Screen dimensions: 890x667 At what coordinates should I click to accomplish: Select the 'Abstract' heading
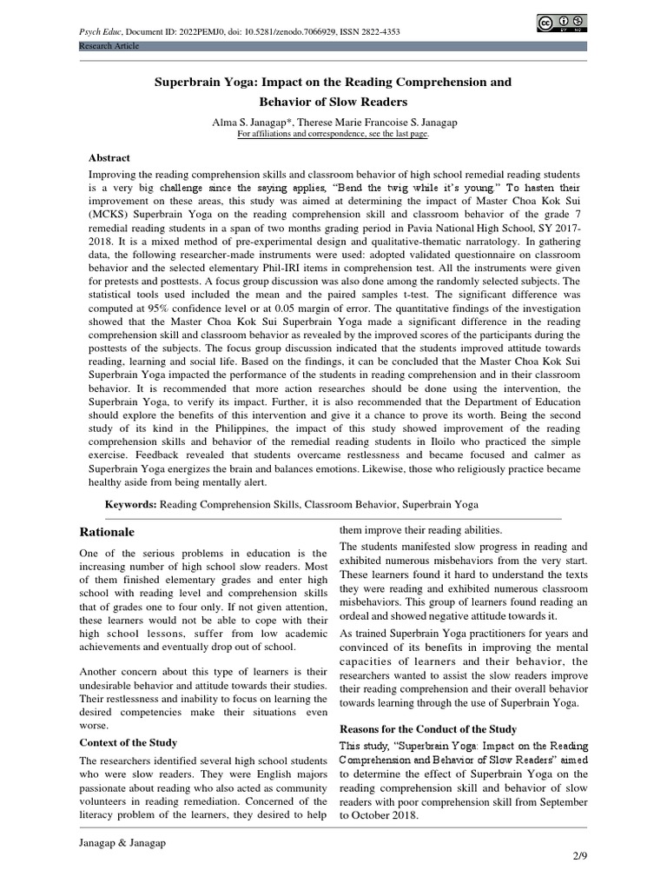click(x=110, y=158)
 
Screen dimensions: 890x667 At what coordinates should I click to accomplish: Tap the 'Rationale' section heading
click(x=108, y=531)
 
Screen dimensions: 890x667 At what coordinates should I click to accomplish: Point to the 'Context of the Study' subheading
click(x=129, y=742)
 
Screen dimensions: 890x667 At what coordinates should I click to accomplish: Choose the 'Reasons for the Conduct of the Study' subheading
click(x=427, y=728)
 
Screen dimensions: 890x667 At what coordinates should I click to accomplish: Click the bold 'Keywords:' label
click(x=131, y=503)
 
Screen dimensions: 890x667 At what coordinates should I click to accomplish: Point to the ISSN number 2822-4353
click(x=378, y=31)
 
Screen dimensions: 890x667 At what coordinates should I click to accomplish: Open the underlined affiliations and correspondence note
click(x=333, y=134)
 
